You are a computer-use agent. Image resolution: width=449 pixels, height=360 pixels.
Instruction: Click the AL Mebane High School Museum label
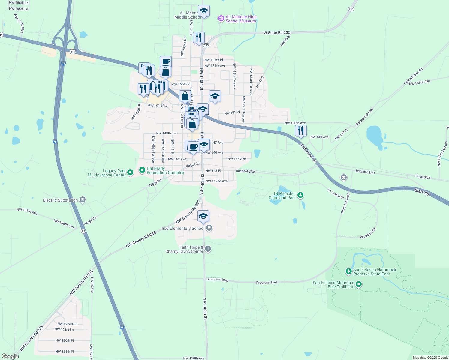[241, 19]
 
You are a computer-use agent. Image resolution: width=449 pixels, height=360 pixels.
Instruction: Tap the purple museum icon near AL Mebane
[221, 19]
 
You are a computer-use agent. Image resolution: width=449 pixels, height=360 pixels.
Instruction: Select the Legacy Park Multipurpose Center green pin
[130, 172]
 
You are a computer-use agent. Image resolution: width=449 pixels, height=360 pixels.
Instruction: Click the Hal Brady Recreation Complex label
[165, 171]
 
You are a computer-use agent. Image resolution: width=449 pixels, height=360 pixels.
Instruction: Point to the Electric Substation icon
[83, 200]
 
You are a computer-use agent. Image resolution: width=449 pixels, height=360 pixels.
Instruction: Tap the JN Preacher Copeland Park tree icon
[300, 196]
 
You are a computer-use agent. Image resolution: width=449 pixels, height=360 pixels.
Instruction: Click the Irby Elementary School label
[183, 229]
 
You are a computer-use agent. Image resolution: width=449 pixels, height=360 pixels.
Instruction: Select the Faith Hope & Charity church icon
[208, 249]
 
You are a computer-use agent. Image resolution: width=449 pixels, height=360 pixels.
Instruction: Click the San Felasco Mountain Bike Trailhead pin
[359, 284]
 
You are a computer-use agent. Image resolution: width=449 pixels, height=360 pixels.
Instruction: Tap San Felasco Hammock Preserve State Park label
[375, 272]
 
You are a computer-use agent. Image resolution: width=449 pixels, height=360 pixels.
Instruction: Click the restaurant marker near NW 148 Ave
[300, 131]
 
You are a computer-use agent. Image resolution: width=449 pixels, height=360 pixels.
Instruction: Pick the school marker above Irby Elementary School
[203, 216]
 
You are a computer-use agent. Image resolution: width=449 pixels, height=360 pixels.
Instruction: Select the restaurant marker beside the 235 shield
[199, 38]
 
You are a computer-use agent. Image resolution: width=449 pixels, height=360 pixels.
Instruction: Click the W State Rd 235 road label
[277, 33]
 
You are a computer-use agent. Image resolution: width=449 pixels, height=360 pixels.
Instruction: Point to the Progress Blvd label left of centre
[218, 280]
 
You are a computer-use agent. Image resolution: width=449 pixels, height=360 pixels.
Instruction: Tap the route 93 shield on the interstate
[83, 231]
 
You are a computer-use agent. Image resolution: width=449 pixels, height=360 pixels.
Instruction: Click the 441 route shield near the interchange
[73, 52]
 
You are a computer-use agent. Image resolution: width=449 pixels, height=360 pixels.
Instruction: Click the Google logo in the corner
[10, 356]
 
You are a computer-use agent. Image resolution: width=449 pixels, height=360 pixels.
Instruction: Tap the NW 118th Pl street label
[65, 352]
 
